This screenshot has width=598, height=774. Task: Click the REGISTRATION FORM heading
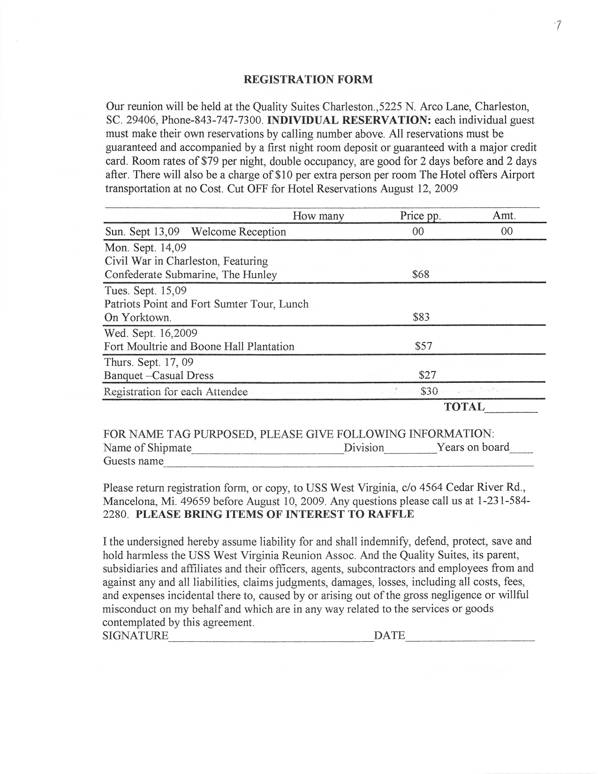pos(308,79)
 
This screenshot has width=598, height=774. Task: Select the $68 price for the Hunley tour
pos(420,274)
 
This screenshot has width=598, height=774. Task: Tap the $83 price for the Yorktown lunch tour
pos(421,317)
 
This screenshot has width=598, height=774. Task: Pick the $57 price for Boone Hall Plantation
pos(424,347)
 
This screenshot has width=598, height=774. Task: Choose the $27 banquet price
pos(427,375)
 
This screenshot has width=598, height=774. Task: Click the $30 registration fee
pos(429,391)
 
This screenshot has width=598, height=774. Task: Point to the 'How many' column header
pos(318,216)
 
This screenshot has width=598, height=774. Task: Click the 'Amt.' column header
pos(504,216)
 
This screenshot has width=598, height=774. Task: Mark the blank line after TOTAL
pos(511,410)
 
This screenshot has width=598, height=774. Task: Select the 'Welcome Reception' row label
pos(239,232)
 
